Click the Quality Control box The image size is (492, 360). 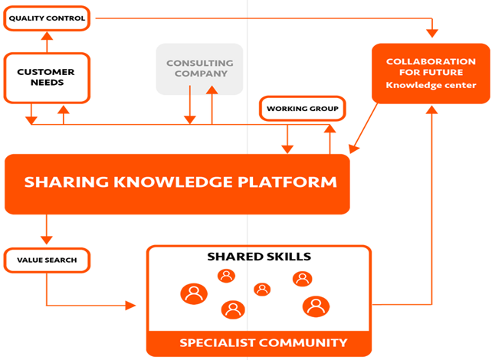(x=47, y=18)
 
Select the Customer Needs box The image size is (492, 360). (x=47, y=78)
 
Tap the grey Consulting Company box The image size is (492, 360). (x=199, y=69)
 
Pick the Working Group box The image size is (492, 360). (x=303, y=109)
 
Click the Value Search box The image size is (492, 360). (x=47, y=260)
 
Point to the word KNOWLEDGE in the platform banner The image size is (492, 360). (x=173, y=182)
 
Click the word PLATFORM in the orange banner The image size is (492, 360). (x=287, y=182)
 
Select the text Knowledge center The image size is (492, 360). (x=431, y=85)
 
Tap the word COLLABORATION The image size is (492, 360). (x=431, y=61)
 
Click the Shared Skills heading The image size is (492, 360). (x=259, y=257)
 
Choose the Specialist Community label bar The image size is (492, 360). (x=259, y=343)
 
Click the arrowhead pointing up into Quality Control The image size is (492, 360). (x=47, y=36)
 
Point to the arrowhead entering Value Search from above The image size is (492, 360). (x=47, y=241)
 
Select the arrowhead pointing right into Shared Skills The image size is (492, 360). (x=130, y=305)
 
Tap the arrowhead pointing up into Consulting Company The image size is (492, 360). (x=212, y=90)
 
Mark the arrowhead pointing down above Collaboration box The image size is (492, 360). (x=432, y=34)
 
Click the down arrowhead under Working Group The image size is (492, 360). (x=287, y=149)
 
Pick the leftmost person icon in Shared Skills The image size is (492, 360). (x=194, y=294)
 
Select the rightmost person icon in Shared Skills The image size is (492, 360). (x=316, y=306)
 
